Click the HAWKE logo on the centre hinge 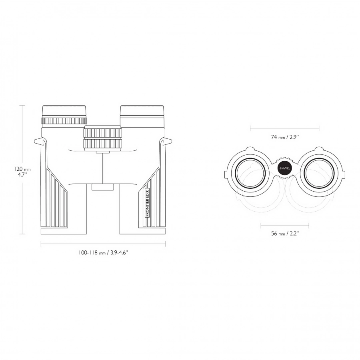pos(285,168)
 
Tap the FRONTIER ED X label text pos(147,202)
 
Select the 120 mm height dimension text pos(22,169)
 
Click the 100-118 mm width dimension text pos(103,253)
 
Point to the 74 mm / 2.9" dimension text pos(285,137)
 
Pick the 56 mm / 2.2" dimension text pos(285,234)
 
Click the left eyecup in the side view pos(64,112)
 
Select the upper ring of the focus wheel pos(103,132)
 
